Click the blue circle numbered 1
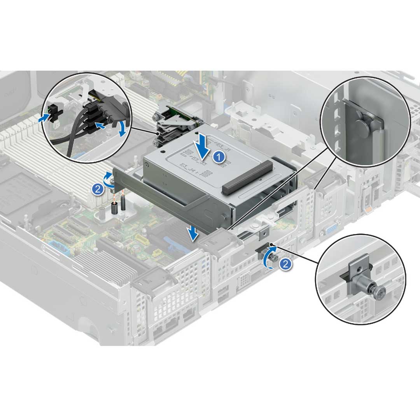point(219,157)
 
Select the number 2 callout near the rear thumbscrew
point(285,264)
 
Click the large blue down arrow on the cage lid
point(202,147)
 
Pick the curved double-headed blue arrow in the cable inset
point(122,129)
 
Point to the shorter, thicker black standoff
point(115,208)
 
